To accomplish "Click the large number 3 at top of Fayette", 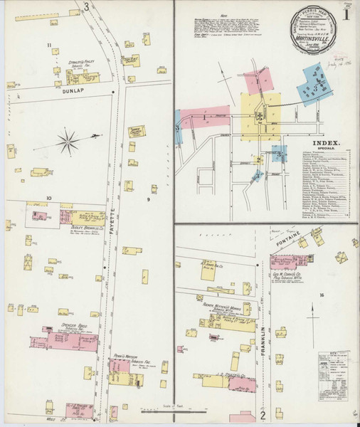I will tap(86, 8).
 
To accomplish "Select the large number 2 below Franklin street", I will tap(263, 414).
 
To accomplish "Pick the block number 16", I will tap(322, 295).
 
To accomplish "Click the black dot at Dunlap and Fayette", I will tap(113, 92).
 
